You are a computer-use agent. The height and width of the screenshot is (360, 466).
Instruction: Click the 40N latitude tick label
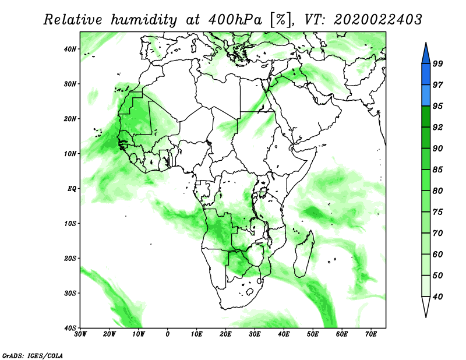point(70,49)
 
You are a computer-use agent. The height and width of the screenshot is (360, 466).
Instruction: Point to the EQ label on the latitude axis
point(72,189)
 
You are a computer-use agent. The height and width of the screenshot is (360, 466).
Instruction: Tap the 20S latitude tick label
point(70,258)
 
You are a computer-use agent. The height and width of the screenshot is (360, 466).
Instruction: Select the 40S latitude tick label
point(70,328)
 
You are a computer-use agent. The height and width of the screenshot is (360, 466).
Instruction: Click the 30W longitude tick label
point(80,334)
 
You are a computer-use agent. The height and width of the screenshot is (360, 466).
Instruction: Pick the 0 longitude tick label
point(168,334)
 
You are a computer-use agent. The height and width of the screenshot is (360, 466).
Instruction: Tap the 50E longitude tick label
point(313,334)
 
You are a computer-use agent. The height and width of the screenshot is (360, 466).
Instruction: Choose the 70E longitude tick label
point(371,334)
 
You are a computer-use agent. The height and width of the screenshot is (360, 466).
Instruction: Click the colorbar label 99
point(438,63)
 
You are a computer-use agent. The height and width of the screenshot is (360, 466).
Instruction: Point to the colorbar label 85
point(438,170)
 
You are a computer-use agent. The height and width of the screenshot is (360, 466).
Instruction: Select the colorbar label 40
point(438,297)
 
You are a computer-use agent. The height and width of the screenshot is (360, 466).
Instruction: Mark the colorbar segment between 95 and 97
point(426,96)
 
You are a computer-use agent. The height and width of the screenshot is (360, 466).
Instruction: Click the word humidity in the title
point(144,20)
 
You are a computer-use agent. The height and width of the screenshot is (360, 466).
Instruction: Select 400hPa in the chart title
point(235,20)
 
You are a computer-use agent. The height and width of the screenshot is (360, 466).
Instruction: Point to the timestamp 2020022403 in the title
point(377,20)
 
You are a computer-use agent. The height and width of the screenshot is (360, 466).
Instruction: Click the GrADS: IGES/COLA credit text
point(33,355)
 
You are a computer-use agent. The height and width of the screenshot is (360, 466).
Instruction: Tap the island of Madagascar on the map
point(303,253)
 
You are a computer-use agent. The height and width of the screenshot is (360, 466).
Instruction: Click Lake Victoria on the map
point(263,192)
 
